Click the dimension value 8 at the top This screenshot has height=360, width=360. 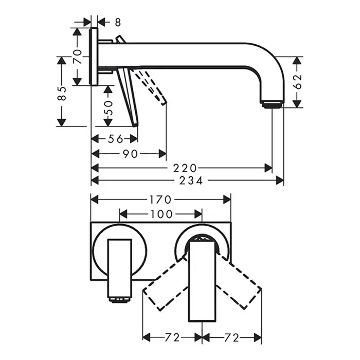[118, 22]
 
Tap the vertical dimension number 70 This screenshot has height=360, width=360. [78, 56]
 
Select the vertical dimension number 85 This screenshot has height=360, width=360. [62, 93]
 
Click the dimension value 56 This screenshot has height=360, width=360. [116, 138]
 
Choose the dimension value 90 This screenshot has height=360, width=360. [130, 153]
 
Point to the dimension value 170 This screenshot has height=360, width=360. [161, 199]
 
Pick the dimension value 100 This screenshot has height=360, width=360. [160, 213]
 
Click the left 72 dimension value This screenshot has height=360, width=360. [172, 337]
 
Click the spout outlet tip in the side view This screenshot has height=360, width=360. [273, 104]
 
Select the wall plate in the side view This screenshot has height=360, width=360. [94, 57]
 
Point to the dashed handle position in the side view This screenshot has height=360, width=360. [152, 87]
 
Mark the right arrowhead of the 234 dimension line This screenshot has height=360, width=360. [281, 181]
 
